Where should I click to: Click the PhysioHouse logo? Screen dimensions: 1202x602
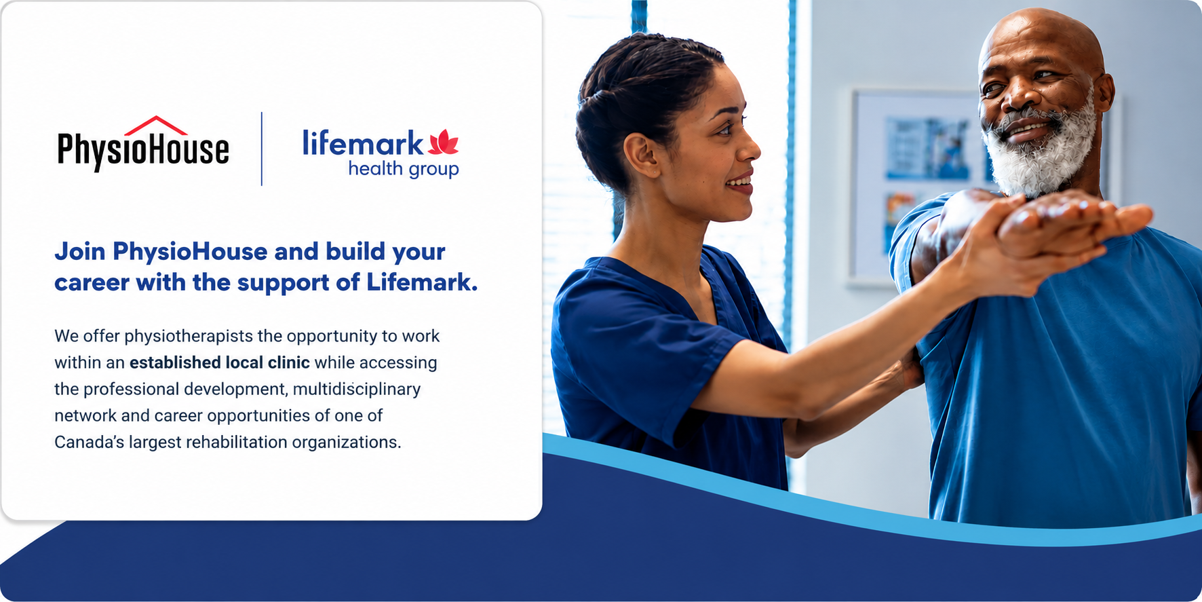(x=143, y=144)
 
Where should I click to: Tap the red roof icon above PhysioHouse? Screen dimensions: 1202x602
(x=156, y=125)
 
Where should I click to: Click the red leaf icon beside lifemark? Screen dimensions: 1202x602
(x=444, y=142)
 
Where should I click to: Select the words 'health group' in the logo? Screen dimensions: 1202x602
(x=404, y=169)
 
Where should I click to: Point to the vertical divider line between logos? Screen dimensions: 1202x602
(x=262, y=149)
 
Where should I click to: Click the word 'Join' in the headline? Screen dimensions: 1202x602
(x=80, y=252)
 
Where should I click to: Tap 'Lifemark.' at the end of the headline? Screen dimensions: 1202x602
(x=422, y=282)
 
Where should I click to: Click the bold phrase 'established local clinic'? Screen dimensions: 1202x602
(x=220, y=362)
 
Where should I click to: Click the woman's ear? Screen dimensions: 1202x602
(x=640, y=155)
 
